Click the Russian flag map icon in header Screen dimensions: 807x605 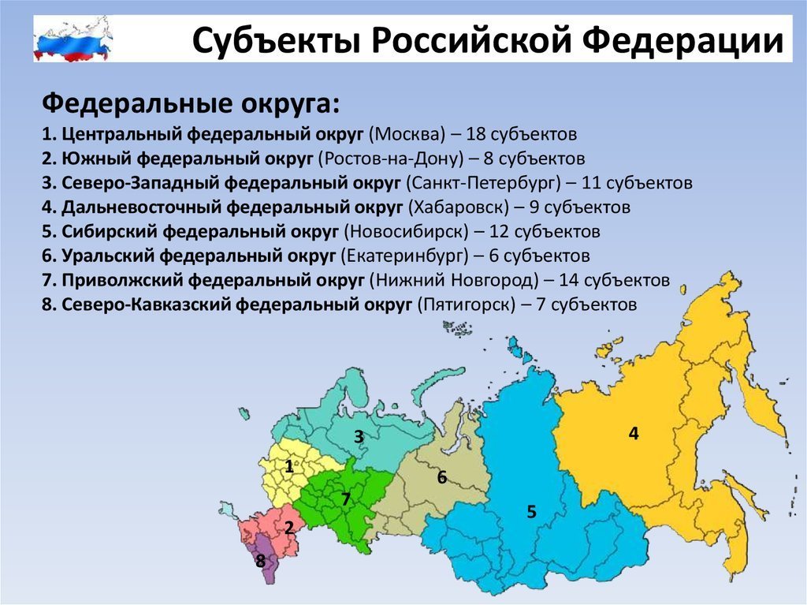point(73,39)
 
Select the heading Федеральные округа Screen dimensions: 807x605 point(191,104)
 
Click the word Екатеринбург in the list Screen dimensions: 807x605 point(404,256)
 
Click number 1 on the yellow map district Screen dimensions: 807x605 point(289,466)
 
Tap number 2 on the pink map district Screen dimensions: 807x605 point(289,527)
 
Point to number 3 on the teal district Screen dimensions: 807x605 point(359,437)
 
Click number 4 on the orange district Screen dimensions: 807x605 point(634,433)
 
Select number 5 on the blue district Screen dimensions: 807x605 point(532,512)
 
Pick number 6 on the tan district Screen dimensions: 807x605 point(442,478)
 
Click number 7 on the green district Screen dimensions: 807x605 point(346,499)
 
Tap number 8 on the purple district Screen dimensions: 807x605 point(261,561)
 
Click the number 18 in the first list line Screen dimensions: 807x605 point(475,134)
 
